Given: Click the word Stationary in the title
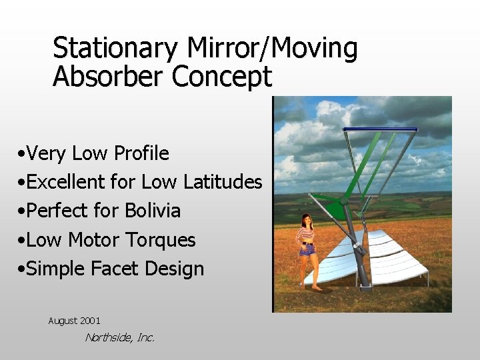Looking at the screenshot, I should point(115,48).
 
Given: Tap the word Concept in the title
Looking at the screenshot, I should point(221,77).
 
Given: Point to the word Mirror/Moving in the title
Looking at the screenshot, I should point(272,48).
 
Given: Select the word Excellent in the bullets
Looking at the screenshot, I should point(67,182).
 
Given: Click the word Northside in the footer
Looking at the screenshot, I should point(108,337).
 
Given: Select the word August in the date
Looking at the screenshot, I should point(62,321).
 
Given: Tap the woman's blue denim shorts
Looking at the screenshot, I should point(307,250).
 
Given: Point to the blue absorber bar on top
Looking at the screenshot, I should point(380,129).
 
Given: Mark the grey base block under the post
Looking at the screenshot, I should point(365,287).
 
